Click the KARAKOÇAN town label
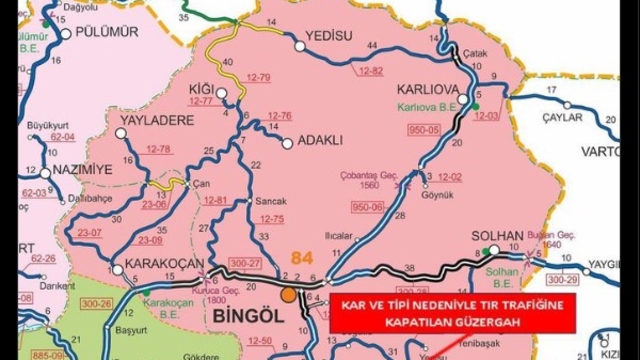[152, 265]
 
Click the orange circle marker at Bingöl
[289, 295]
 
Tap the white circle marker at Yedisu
[299, 44]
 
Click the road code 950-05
[423, 129]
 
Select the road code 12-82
[370, 71]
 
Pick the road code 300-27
[243, 263]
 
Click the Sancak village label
[271, 200]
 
